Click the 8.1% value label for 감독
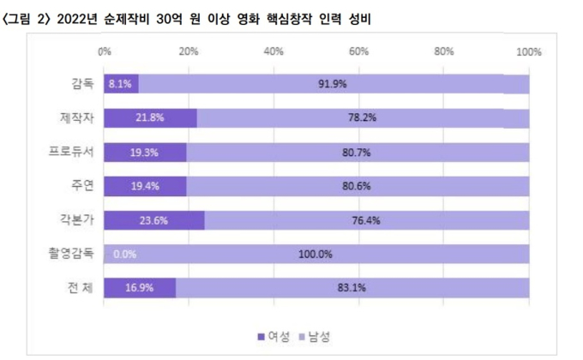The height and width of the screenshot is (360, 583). (x=120, y=84)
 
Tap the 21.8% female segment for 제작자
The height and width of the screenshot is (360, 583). (x=150, y=118)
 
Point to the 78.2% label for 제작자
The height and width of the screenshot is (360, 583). (x=364, y=118)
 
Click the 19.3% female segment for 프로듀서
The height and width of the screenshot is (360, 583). (x=145, y=152)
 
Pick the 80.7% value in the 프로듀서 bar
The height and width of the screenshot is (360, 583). (x=358, y=152)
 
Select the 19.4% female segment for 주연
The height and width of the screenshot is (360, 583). (x=145, y=186)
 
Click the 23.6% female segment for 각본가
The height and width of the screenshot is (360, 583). (x=154, y=220)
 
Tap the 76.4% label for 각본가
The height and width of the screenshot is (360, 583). (x=366, y=220)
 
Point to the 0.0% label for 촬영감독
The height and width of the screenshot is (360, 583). (x=125, y=255)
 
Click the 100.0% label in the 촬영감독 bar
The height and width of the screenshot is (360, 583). (x=316, y=255)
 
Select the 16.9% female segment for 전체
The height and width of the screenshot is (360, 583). (x=140, y=288)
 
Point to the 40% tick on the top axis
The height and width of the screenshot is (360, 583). (x=274, y=53)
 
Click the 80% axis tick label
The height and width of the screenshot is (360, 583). (x=444, y=53)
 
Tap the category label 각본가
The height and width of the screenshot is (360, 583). (x=77, y=220)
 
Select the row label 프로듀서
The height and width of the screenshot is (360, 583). (x=72, y=152)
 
